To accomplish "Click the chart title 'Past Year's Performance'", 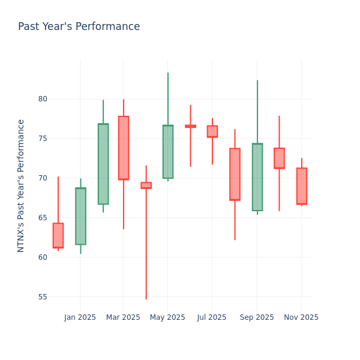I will tap(79, 27).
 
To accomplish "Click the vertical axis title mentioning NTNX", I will tap(21, 185).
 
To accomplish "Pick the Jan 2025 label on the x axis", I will tap(80, 317).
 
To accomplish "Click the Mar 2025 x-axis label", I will tap(123, 317).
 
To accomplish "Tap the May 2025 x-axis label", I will tap(167, 317).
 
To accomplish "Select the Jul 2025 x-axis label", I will tap(212, 317).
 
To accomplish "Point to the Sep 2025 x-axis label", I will tap(257, 317).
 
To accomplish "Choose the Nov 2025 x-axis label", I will tap(301, 317).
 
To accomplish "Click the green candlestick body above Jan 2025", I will tap(80, 216).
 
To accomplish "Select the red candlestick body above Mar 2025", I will tap(124, 148).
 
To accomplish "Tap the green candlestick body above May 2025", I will tap(168, 152).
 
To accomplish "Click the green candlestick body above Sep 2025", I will tap(257, 177).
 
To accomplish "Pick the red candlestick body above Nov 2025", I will tap(302, 186).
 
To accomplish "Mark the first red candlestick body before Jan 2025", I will tap(58, 235).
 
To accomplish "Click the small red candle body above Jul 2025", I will tap(212, 131).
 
